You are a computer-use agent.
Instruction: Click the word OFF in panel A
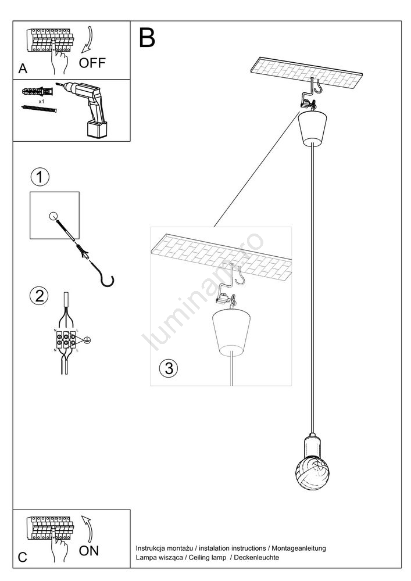click(92, 63)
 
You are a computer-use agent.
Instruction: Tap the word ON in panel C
click(89, 550)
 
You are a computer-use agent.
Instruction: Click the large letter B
click(148, 38)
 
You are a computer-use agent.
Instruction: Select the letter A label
click(23, 69)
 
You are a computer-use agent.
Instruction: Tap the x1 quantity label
click(42, 101)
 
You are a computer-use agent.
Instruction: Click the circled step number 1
click(40, 177)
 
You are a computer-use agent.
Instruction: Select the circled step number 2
click(39, 296)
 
